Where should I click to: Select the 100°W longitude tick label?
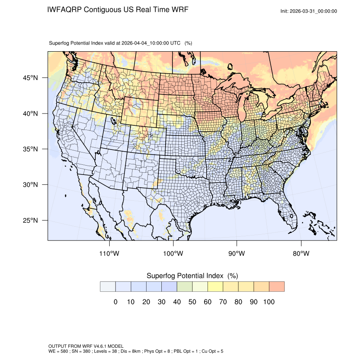click(173, 253)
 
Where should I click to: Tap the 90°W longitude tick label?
click(237, 253)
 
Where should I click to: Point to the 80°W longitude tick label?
click(301, 253)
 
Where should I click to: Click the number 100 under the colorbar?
click(269, 302)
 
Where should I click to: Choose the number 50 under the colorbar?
click(192, 302)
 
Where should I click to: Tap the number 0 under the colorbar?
click(115, 302)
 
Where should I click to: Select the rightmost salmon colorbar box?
click(277, 286)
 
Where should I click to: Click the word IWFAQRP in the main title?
click(65, 10)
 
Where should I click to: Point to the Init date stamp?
click(309, 11)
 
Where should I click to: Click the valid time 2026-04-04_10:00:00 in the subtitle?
click(151, 43)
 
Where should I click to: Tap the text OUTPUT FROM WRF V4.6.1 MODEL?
click(86, 346)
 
